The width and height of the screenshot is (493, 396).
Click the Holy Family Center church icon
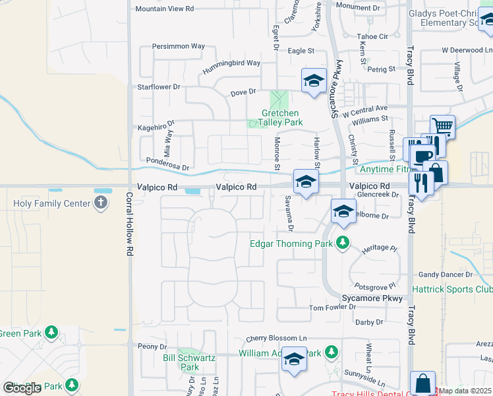point(101,203)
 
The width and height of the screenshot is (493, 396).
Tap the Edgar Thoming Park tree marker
point(342,244)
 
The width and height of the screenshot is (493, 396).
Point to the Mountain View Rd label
point(164,9)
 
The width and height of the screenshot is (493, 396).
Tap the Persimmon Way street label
point(178,46)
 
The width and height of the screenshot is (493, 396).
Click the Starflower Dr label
point(158,86)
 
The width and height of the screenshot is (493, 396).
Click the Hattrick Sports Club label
point(452,289)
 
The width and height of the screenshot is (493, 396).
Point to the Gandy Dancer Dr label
point(446,274)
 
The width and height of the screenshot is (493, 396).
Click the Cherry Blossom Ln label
point(277,339)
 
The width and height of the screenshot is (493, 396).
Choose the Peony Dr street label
point(152,346)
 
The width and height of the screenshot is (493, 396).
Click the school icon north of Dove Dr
point(314,81)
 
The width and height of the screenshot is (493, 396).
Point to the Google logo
point(22,388)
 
